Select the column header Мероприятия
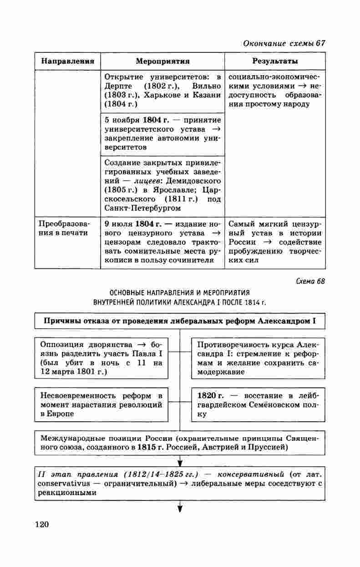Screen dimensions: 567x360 (x=162, y=61)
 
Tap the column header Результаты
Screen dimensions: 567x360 (x=275, y=61)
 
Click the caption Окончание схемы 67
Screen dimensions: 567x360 (x=284, y=43)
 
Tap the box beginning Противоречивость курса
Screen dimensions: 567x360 (x=258, y=358)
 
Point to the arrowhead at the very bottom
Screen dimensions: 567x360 (x=180, y=508)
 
